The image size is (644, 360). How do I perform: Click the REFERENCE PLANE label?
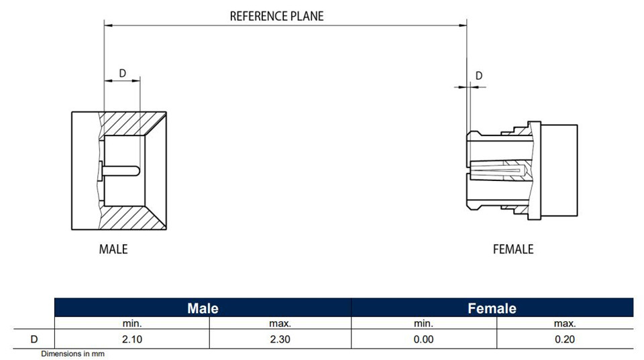coord(276,16)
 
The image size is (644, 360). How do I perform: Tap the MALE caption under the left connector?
coord(113,249)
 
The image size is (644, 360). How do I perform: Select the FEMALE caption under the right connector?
coord(513,249)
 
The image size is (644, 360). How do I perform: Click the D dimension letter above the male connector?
coord(122,73)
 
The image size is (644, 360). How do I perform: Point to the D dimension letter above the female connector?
coord(479,76)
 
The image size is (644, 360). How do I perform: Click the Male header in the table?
coord(203,308)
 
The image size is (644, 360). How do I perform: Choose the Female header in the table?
coord(492,308)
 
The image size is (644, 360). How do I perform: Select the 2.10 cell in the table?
coord(132,339)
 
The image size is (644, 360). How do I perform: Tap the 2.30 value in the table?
coord(280,339)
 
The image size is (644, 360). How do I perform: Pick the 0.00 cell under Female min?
coord(423,339)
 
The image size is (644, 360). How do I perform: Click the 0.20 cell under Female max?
coord(565,339)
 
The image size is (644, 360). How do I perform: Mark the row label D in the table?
coord(34,339)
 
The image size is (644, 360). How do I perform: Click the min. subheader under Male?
coord(132,324)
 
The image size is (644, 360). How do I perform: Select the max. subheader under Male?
coord(280,324)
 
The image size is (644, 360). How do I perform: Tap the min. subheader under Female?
coord(423,324)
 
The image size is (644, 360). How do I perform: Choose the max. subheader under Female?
coord(565,324)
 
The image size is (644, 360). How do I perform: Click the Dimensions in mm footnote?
coord(72,354)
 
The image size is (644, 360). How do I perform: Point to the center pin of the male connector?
coord(119,171)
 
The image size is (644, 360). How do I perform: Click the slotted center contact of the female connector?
coord(498,170)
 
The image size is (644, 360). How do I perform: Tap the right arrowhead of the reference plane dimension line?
coord(464,25)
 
